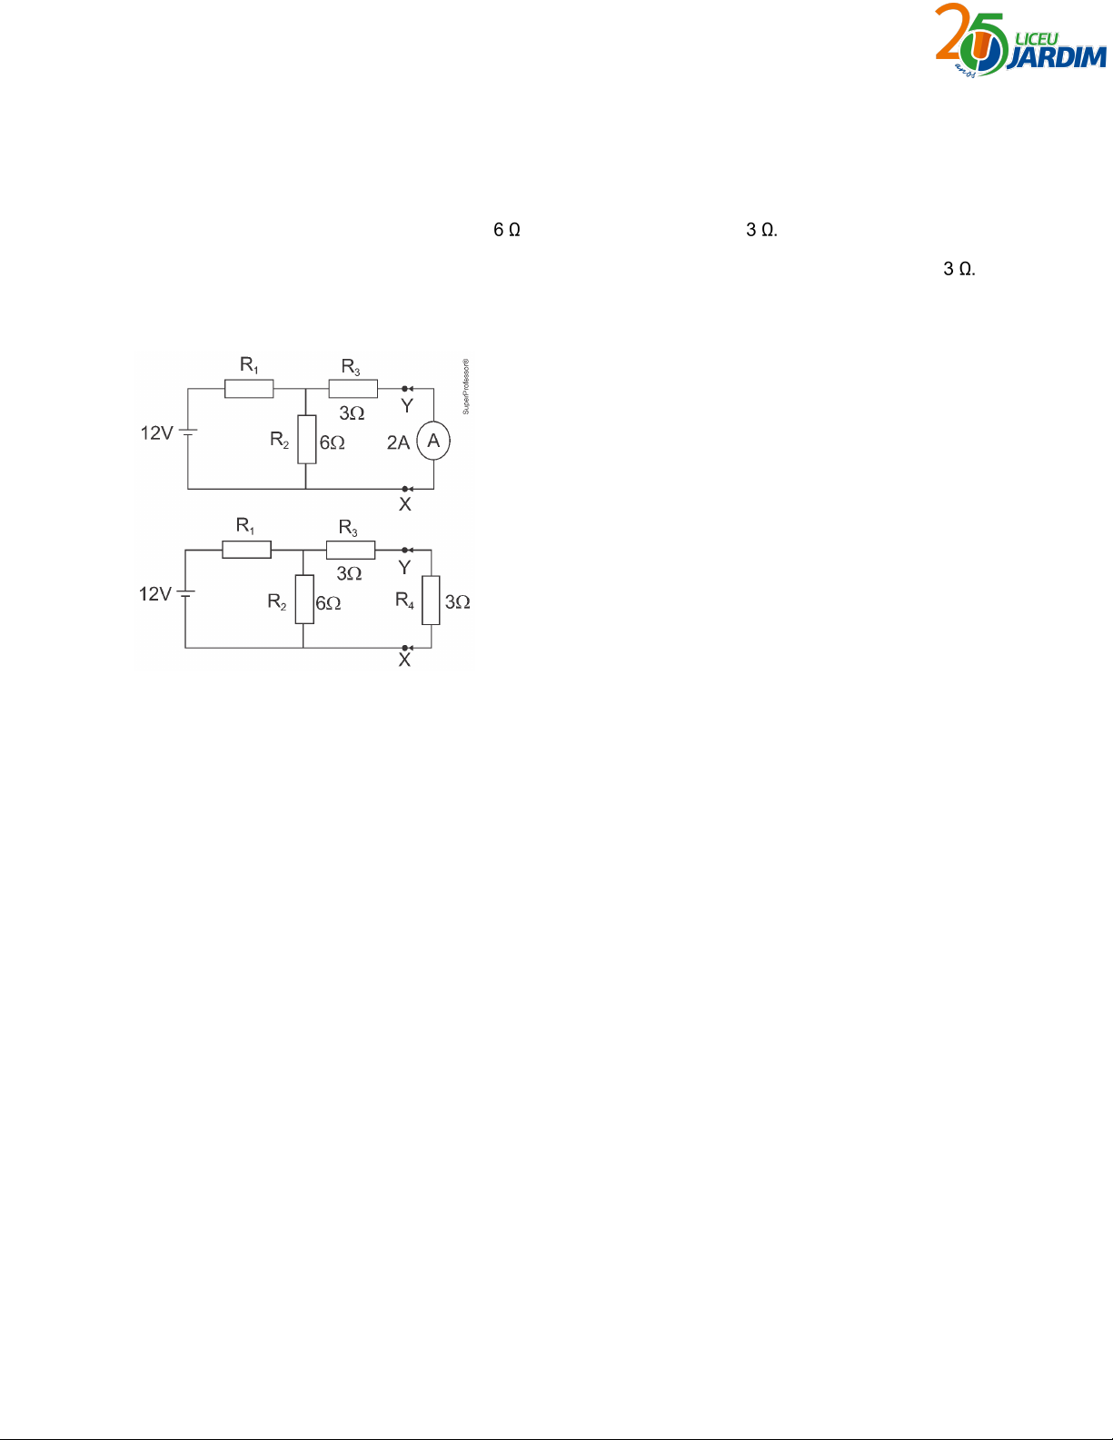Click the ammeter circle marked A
(x=433, y=442)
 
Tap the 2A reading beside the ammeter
(x=398, y=442)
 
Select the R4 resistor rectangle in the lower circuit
(x=431, y=600)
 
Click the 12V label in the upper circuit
(x=156, y=433)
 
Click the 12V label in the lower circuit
(x=154, y=594)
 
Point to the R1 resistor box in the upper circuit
(x=249, y=389)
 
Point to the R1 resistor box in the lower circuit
(x=246, y=549)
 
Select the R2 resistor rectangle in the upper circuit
(x=307, y=439)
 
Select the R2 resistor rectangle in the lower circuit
(x=304, y=600)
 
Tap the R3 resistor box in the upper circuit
(x=353, y=389)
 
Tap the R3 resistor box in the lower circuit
(x=350, y=549)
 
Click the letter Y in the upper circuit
(x=407, y=406)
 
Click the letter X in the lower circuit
(x=404, y=660)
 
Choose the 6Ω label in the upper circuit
(x=332, y=443)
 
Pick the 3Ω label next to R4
(x=457, y=602)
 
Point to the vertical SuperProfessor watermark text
(x=466, y=387)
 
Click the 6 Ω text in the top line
(x=506, y=230)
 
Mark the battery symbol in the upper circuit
(x=187, y=432)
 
